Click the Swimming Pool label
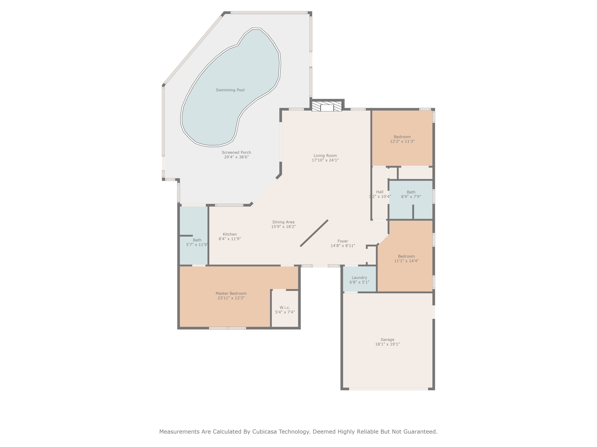click(230, 90)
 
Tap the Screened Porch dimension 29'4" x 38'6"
click(236, 157)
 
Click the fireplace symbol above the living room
click(327, 106)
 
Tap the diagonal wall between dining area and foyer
click(314, 233)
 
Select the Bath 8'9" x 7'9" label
click(411, 194)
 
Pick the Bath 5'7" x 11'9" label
click(197, 242)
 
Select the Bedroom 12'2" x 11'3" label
click(402, 139)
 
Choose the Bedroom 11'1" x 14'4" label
click(406, 259)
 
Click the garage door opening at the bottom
click(389, 389)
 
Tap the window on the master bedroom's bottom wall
click(227, 328)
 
